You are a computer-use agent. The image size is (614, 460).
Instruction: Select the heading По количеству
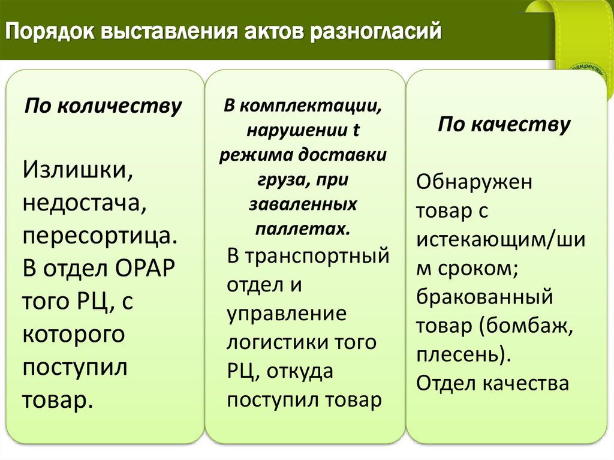(x=103, y=106)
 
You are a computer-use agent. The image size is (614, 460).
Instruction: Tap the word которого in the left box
(x=74, y=334)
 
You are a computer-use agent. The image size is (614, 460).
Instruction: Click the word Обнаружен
(x=474, y=181)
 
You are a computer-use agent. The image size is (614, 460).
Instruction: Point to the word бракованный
(x=484, y=297)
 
